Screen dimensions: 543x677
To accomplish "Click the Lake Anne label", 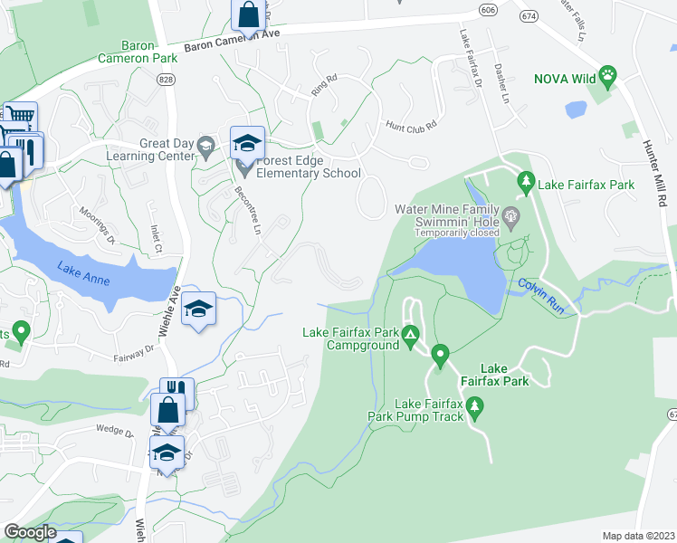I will (84, 273).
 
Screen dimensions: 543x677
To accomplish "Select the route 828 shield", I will (165, 81).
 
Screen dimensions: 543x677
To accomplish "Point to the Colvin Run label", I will (541, 296).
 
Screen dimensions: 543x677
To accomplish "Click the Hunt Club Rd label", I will (411, 126).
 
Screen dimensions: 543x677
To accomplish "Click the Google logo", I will (31, 532).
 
